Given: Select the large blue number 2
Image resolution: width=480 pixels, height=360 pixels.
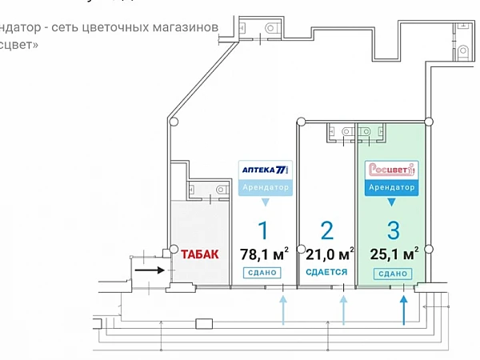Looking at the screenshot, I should tap(326, 230).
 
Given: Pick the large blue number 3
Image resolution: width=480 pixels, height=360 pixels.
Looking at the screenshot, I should tap(393, 230).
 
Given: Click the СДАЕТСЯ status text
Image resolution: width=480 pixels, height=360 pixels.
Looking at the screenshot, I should tap(326, 272).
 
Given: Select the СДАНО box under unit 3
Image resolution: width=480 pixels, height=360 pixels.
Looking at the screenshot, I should tap(392, 273).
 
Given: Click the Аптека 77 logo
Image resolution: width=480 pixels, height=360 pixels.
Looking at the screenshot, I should tap(265, 170).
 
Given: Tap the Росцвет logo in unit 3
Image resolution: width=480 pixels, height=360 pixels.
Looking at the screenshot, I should tap(391, 170).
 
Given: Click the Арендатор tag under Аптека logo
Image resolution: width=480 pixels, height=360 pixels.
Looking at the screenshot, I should tap(265, 188).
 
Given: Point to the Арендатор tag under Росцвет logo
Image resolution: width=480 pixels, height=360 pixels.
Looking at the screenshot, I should tap(391, 188).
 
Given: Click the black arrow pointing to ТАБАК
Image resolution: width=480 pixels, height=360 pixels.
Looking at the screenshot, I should tap(149, 270).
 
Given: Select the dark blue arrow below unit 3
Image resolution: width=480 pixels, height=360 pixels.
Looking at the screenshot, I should tap(404, 309).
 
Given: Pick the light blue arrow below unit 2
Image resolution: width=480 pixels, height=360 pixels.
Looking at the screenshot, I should tap(344, 309).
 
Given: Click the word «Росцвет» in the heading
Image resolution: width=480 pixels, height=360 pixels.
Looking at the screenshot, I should tap(18, 45).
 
